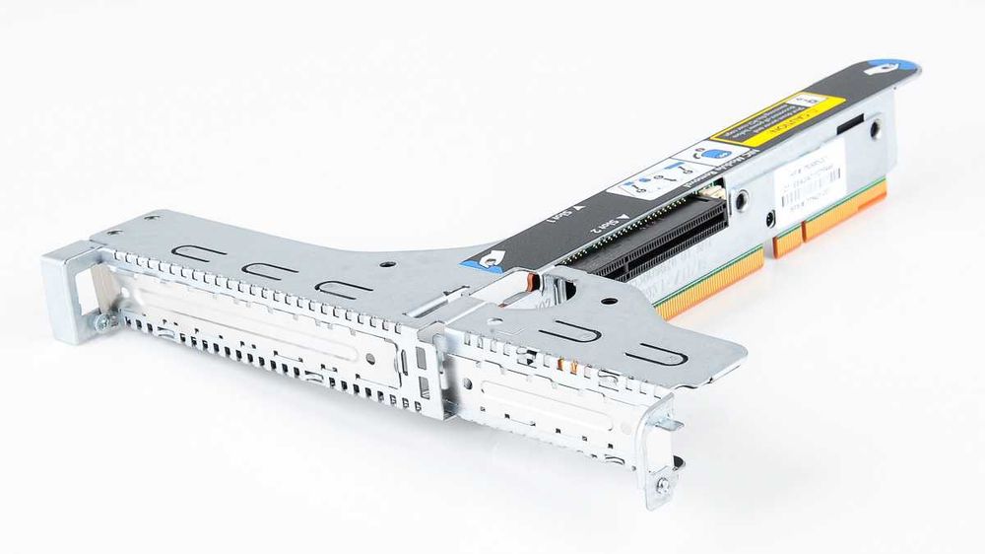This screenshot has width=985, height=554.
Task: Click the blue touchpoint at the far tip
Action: point(888,70)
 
